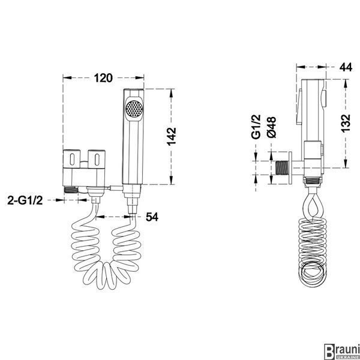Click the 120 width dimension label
[x=103, y=78]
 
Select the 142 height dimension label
[x=172, y=137]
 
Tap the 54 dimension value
[x=152, y=217]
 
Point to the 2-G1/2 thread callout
[x=25, y=200]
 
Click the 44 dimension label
[x=346, y=67]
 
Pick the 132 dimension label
[x=346, y=123]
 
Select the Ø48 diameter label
[x=272, y=127]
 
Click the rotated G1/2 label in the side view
[x=256, y=127]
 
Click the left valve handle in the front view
[x=71, y=159]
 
